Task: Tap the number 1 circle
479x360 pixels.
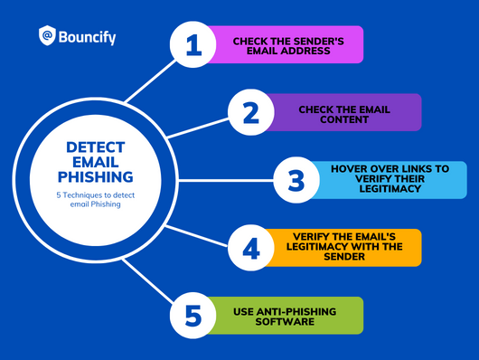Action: click(x=194, y=45)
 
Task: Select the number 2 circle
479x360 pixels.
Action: click(x=244, y=112)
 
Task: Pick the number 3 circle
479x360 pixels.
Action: click(x=295, y=180)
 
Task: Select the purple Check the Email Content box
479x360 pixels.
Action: click(x=343, y=112)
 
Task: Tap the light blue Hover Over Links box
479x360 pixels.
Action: click(x=389, y=179)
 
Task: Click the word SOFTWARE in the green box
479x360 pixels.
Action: click(x=282, y=321)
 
